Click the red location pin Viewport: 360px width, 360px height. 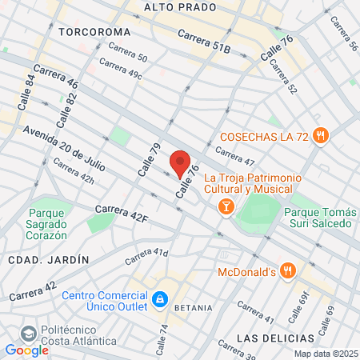point(180,163)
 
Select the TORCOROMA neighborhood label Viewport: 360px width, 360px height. point(94,31)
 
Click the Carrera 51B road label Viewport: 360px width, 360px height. point(204,42)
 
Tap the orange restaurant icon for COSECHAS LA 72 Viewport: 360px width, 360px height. point(320,135)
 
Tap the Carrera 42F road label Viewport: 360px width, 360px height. point(122,214)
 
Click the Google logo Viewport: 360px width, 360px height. point(26,350)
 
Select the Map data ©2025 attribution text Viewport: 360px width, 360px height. point(326,354)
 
